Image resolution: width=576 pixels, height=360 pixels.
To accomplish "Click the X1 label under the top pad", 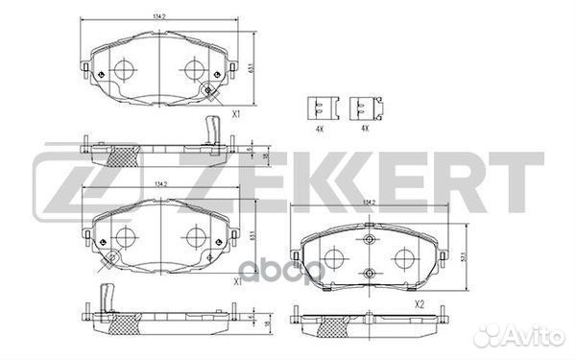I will click(x=235, y=114).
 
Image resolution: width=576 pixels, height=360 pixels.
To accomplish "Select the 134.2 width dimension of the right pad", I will click(x=368, y=203).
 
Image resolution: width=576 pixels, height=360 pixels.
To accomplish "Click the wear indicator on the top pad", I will click(x=210, y=92).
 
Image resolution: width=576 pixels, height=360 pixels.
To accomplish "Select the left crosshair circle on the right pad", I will click(x=334, y=257).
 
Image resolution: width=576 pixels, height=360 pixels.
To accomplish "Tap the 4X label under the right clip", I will click(x=364, y=127).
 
